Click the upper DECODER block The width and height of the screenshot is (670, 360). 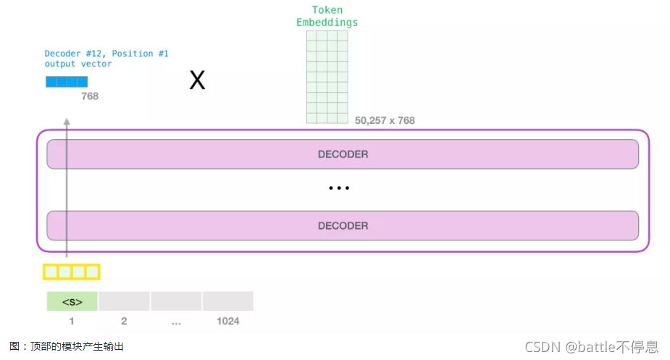coord(343,154)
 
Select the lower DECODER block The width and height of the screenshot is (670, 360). coord(343,225)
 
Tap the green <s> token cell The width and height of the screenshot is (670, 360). coord(72,301)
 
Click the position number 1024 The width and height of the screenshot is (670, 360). coord(227,321)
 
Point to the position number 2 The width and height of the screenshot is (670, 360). coord(124,321)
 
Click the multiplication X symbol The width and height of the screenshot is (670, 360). coord(197,80)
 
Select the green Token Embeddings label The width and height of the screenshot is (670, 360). coord(327,16)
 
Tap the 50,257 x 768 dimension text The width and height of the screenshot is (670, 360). coord(385,120)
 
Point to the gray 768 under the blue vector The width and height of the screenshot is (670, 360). coord(90,96)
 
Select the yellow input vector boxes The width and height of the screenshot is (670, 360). coord(71,272)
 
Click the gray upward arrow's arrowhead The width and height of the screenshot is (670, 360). coord(67,122)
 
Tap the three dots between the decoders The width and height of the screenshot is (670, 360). coord(339,188)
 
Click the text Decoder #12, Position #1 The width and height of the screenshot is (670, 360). coord(106,54)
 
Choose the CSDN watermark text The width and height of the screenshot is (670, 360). coord(591,347)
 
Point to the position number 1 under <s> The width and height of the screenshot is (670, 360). coord(72,321)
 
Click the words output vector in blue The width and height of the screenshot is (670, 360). coord(78,64)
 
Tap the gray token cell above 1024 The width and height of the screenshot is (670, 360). coord(227,301)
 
